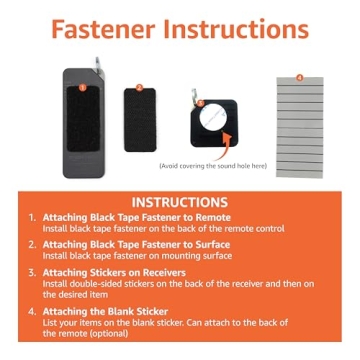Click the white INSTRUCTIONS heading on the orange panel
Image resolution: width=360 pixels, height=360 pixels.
pyautogui.click(x=180, y=202)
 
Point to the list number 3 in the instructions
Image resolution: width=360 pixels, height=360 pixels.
pyautogui.click(x=32, y=271)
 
